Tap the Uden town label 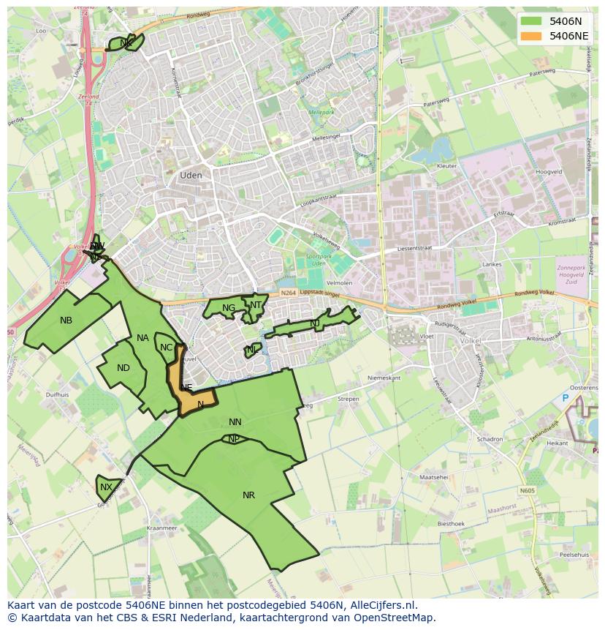tap(191, 176)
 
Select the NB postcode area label tap(66, 320)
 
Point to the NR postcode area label tap(248, 495)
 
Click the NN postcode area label tap(235, 422)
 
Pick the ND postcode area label tap(123, 368)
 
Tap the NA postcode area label tap(142, 338)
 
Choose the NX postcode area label tap(107, 487)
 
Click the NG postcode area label tap(229, 308)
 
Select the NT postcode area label tap(256, 305)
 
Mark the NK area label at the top tap(126, 43)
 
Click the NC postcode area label tap(166, 348)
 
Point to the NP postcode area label tap(234, 439)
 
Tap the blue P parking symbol tap(565, 398)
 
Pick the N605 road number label tap(527, 491)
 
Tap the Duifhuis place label tap(57, 394)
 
